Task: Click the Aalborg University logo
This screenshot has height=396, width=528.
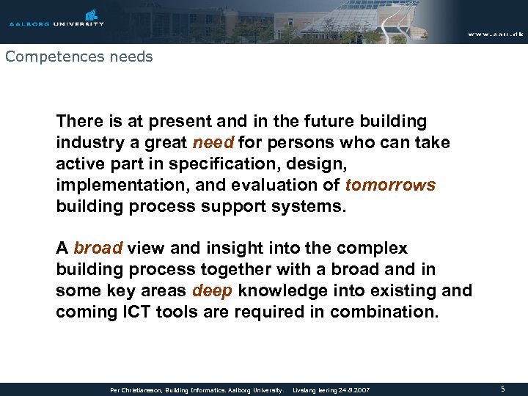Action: (56, 18)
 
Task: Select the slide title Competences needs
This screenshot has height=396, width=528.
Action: (78, 56)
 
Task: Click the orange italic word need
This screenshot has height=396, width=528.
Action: (213, 142)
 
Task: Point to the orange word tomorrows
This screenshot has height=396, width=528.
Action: (390, 185)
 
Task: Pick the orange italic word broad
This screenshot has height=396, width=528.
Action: (98, 249)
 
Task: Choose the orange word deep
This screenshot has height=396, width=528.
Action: (212, 291)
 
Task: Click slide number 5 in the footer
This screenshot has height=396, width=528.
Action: (502, 389)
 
